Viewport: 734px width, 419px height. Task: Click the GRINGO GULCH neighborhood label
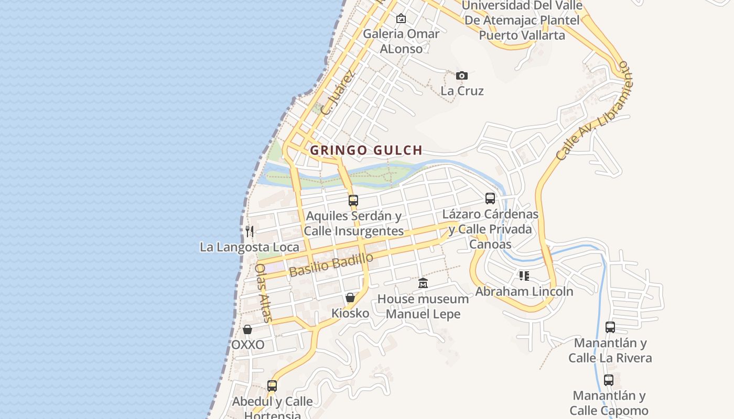[x=366, y=150]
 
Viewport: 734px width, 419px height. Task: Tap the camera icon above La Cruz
[x=461, y=75]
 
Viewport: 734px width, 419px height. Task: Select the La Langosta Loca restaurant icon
[x=250, y=231]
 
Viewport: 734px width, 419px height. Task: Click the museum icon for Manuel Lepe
[x=423, y=283]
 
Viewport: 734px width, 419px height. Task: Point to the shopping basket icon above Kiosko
[x=350, y=297]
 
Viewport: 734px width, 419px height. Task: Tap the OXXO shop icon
[x=247, y=329]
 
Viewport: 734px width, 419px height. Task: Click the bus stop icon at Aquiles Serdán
[x=353, y=200]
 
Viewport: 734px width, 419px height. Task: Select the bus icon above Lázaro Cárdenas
[x=490, y=199]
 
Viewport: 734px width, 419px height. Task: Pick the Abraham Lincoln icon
[x=524, y=275]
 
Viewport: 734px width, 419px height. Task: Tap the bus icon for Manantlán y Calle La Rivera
[x=610, y=327]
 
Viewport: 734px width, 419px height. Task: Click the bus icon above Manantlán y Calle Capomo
[x=609, y=380]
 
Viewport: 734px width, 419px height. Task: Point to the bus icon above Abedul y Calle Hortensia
[x=272, y=386]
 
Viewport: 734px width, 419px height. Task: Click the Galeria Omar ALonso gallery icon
[x=401, y=18]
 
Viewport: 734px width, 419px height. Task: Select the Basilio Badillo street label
[x=331, y=264]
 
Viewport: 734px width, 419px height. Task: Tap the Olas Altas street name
[x=264, y=292]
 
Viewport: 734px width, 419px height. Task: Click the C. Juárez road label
[x=338, y=93]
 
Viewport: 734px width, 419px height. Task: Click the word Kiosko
[x=350, y=313]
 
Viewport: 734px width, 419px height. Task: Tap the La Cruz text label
[x=462, y=91]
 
